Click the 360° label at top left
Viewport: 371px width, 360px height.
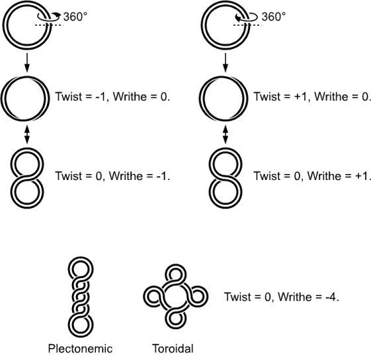click(x=75, y=17)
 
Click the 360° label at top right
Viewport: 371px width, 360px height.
click(x=274, y=17)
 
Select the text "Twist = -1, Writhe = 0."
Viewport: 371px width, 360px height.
click(x=112, y=97)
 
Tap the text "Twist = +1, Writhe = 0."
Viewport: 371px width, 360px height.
click(x=312, y=97)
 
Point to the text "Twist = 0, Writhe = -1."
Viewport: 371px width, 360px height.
click(x=112, y=176)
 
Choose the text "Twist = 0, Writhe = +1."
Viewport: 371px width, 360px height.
click(x=312, y=176)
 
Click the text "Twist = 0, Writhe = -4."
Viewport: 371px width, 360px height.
click(x=282, y=296)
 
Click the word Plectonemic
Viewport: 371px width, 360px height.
click(x=80, y=349)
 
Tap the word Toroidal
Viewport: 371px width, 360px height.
click(x=173, y=349)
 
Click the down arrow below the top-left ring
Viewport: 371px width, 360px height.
click(x=27, y=62)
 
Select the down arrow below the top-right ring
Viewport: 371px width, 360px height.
click(x=226, y=62)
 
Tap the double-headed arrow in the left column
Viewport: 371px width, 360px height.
click(x=27, y=134)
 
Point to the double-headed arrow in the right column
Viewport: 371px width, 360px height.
click(x=226, y=134)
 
